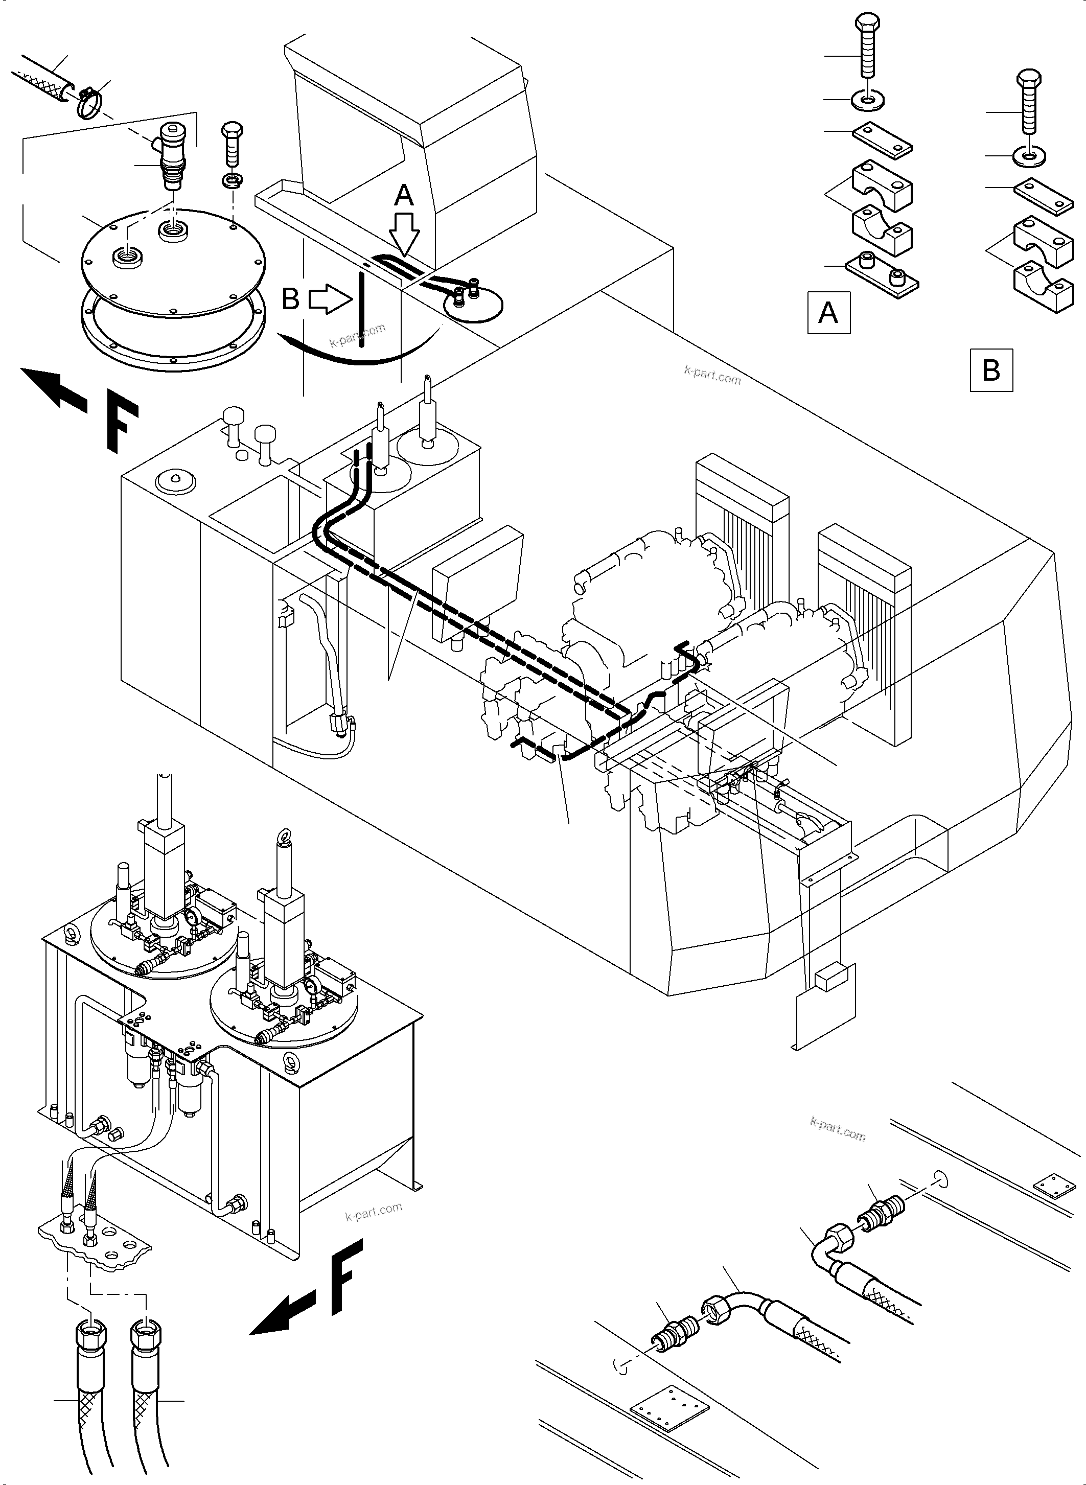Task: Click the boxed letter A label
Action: pyautogui.click(x=828, y=313)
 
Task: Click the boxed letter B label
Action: pyautogui.click(x=990, y=370)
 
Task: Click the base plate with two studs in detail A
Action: pyautogui.click(x=881, y=275)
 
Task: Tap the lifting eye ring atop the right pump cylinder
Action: pyautogui.click(x=284, y=836)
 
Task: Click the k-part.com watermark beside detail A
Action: pyautogui.click(x=712, y=377)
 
